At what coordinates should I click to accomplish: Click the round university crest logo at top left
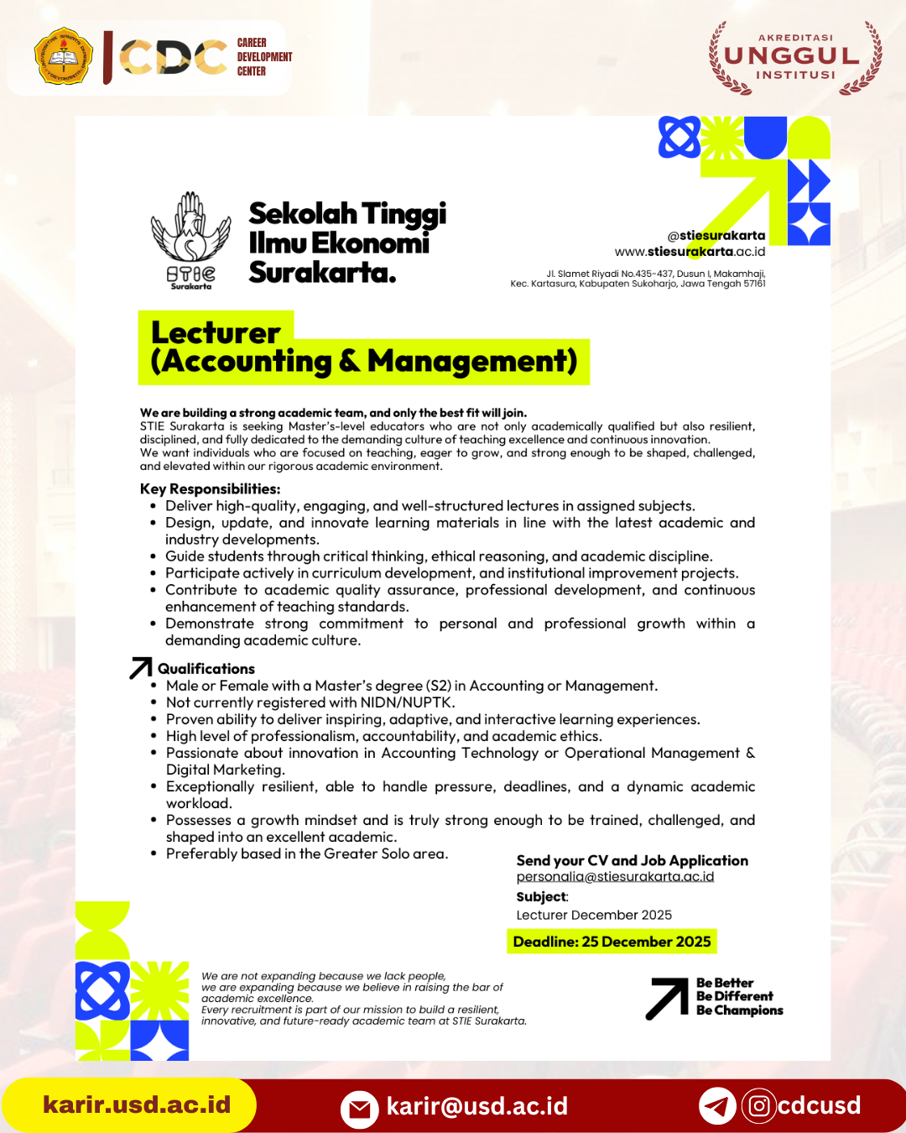coord(64,56)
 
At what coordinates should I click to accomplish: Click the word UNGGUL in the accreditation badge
coord(792,56)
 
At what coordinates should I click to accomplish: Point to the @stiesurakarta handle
coord(716,236)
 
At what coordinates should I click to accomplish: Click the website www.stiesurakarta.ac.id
coord(690,251)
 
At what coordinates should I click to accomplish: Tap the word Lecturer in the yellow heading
coord(216,332)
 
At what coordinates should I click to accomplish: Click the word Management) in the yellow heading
coord(472,362)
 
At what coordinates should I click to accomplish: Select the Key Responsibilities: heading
coord(210,489)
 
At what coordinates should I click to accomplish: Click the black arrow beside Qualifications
coord(141,668)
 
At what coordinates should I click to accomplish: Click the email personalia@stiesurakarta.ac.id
coord(615,876)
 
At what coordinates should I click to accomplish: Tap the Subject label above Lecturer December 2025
coord(542,897)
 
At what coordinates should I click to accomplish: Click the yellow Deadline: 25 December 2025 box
coord(612,942)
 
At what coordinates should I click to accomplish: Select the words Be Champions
coord(739,1010)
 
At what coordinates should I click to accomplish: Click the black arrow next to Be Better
coord(667,999)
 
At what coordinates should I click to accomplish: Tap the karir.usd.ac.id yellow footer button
coord(136,1104)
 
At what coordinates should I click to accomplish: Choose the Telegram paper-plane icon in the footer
coord(717,1106)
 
